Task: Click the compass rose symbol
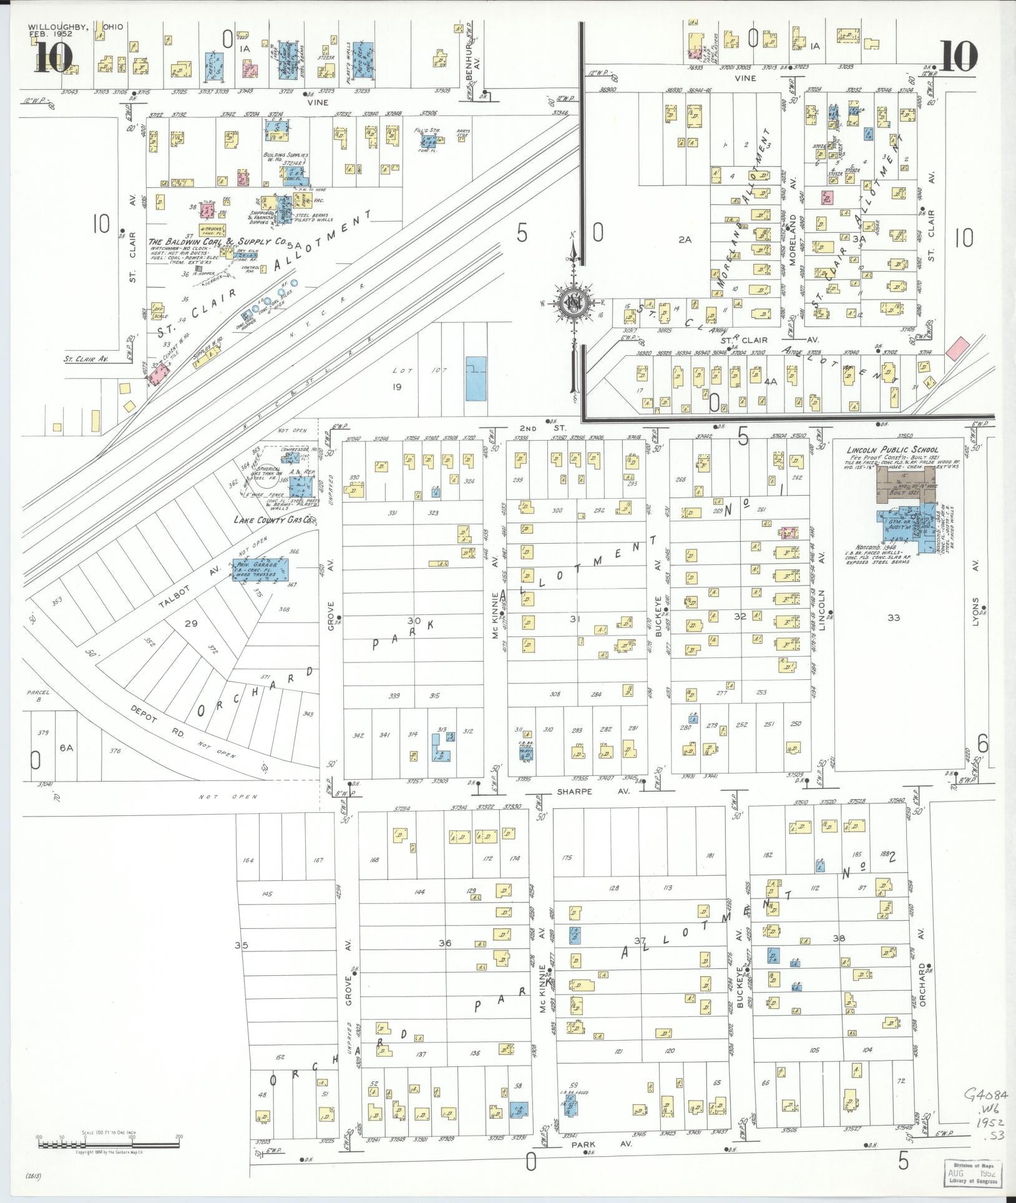pyautogui.click(x=572, y=303)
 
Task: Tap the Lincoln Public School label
pyautogui.click(x=892, y=449)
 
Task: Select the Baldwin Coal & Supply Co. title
pyautogui.click(x=217, y=241)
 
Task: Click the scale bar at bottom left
pyautogui.click(x=109, y=1144)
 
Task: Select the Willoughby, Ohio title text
pyautogui.click(x=76, y=28)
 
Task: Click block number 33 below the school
pyautogui.click(x=894, y=618)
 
